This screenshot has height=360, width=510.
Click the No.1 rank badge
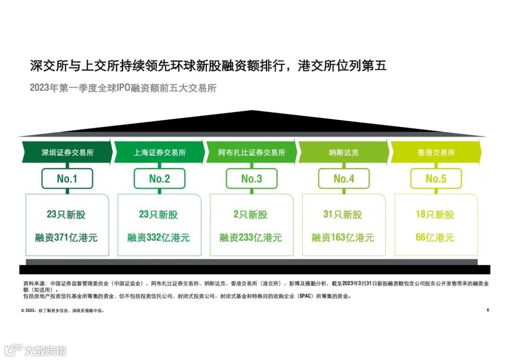67,179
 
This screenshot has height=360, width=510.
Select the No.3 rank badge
252,179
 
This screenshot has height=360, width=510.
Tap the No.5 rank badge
436,179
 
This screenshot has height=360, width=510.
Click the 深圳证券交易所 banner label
67,153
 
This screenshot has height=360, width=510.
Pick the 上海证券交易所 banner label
160,153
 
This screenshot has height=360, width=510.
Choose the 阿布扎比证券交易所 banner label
252,153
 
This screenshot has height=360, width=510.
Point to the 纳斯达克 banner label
344,153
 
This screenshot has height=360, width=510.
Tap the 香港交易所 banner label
436,153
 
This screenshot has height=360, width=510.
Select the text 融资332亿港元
159,237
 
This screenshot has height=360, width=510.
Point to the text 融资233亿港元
251,237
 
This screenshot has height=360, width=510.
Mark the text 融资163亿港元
343,237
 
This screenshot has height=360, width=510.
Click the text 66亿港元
435,237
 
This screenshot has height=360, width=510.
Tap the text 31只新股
343,215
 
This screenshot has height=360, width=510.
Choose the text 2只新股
251,215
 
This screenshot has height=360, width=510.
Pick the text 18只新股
435,215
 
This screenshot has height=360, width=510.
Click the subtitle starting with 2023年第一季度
123,88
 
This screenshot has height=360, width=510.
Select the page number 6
488,310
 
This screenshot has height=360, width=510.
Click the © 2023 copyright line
62,311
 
